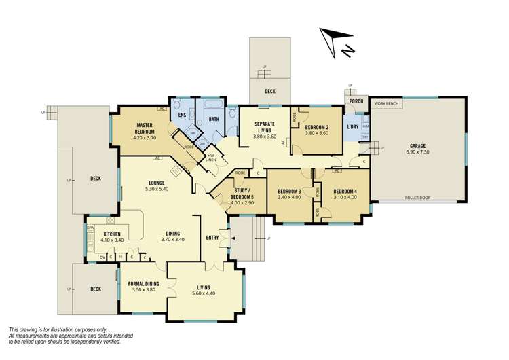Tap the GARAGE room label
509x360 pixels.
point(417,145)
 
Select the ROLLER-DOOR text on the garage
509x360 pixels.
point(417,199)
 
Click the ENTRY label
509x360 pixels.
point(212,237)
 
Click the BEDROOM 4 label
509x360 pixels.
point(345,191)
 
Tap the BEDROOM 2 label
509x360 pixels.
point(316,127)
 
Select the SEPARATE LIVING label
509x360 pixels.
point(264,128)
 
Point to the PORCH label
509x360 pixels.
point(356,102)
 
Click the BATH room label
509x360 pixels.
point(212,120)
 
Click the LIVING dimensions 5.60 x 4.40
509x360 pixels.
point(203,294)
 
